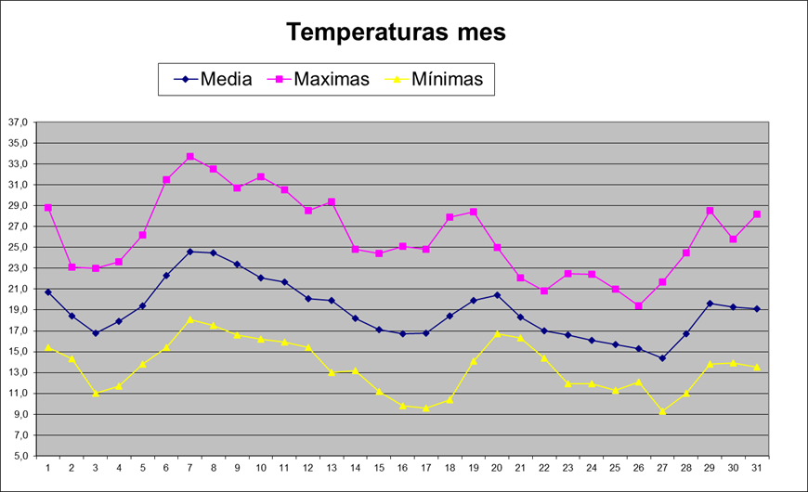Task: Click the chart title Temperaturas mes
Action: [x=397, y=32]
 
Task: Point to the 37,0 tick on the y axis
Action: [x=19, y=123]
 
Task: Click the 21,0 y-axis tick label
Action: [x=19, y=290]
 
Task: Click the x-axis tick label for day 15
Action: [x=379, y=468]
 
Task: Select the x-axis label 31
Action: [x=757, y=468]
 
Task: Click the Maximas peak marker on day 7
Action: [x=189, y=157]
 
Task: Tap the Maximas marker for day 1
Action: [x=47, y=208]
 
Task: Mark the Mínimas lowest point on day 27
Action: [x=662, y=411]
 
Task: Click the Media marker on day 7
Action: [x=189, y=252]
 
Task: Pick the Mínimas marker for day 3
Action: [x=95, y=394]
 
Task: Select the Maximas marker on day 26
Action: [x=639, y=305]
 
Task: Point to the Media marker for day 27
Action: [x=662, y=358]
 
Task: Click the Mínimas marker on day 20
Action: [x=497, y=333]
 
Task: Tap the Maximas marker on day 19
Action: [x=474, y=212]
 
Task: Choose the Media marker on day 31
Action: [x=757, y=309]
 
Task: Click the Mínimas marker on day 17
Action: [x=426, y=408]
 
